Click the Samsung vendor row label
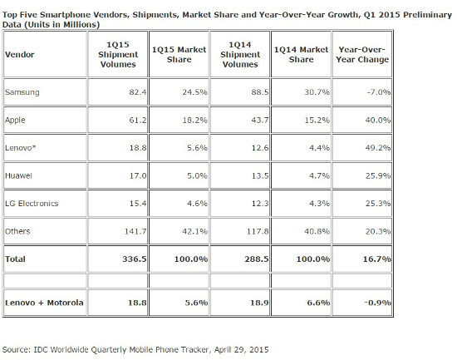click(22, 91)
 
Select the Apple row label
click(16, 120)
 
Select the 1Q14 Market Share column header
click(300, 54)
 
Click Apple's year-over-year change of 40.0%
click(376, 120)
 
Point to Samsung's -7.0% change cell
click(376, 91)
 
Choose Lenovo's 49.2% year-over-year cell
click(376, 148)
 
